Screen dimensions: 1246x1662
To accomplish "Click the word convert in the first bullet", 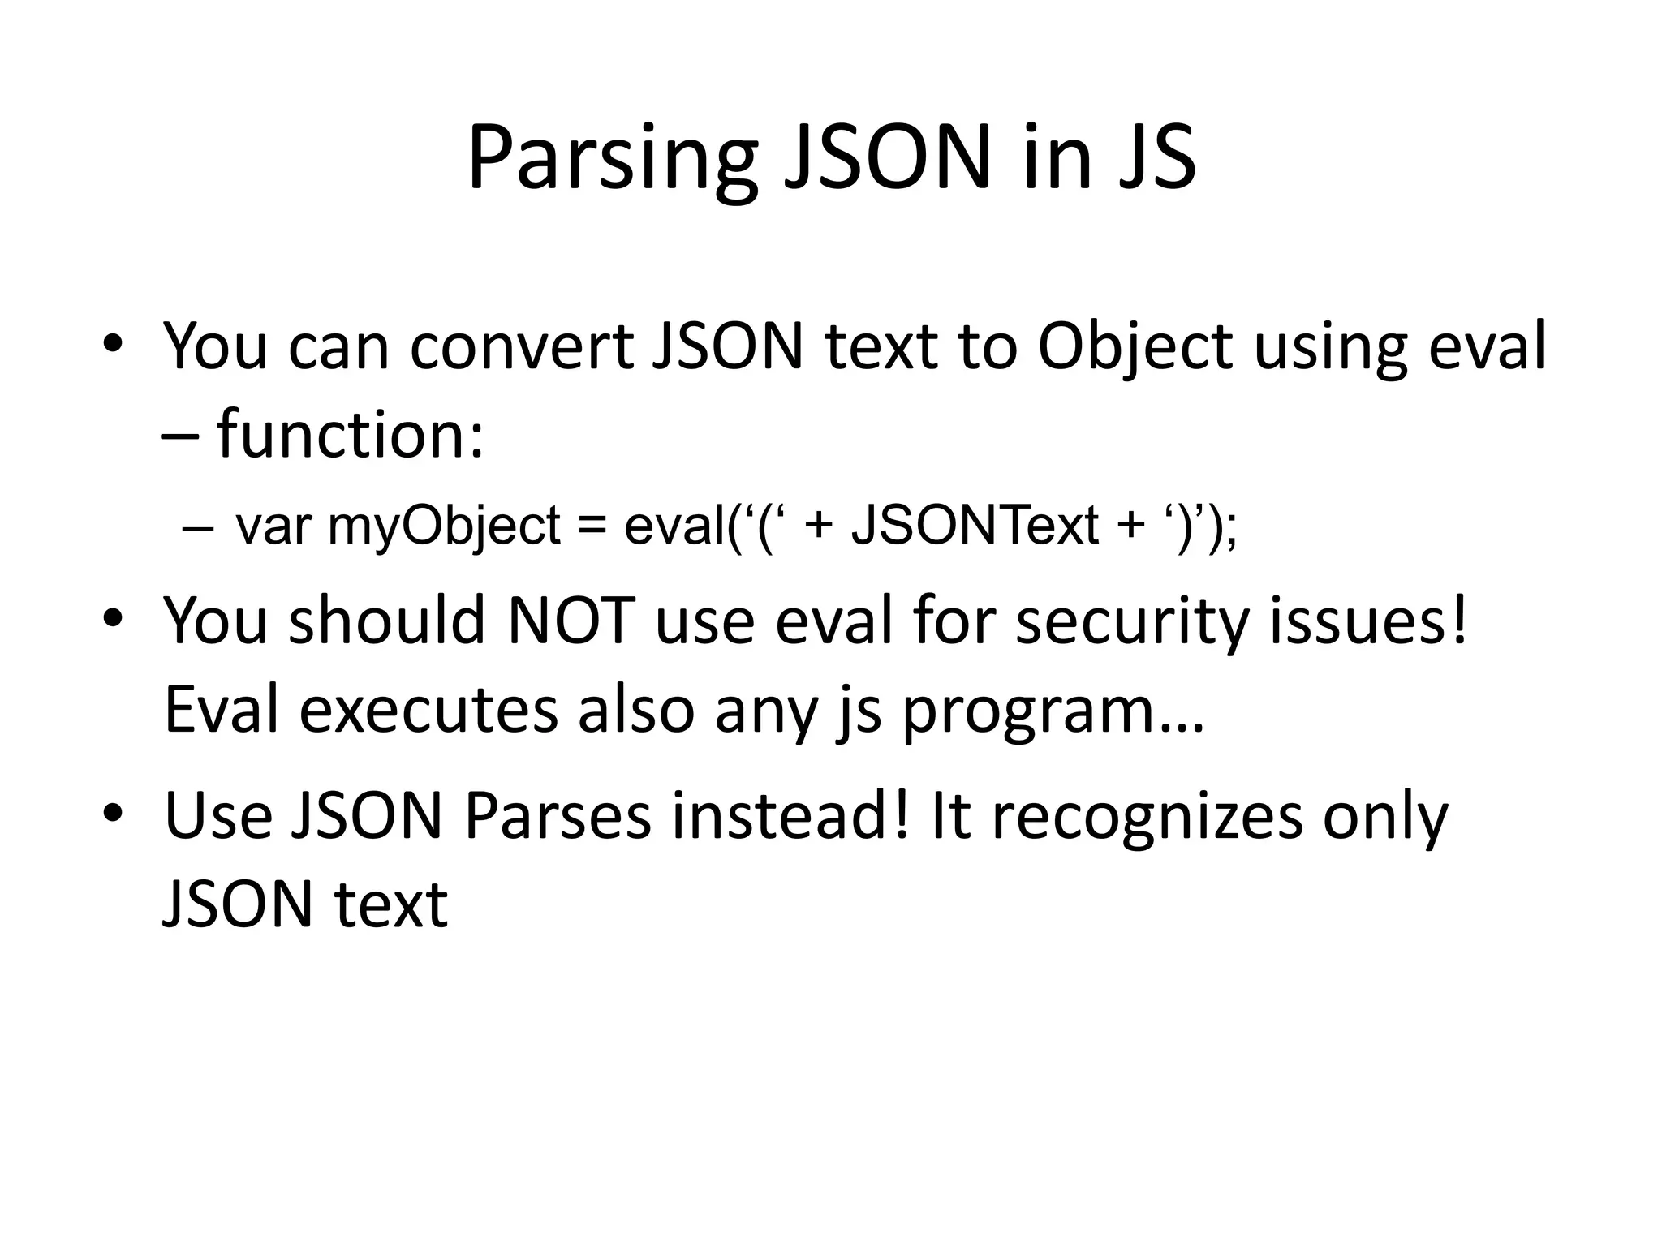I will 522,347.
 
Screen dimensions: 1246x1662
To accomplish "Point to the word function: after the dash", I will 351,436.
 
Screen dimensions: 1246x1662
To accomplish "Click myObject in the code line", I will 444,526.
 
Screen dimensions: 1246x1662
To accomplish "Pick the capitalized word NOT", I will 571,621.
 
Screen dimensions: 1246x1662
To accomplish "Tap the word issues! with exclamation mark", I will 1369,621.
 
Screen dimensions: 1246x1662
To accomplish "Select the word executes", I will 428,711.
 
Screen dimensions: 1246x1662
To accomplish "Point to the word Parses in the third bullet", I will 558,816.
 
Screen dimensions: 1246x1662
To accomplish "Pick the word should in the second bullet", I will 387,621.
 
